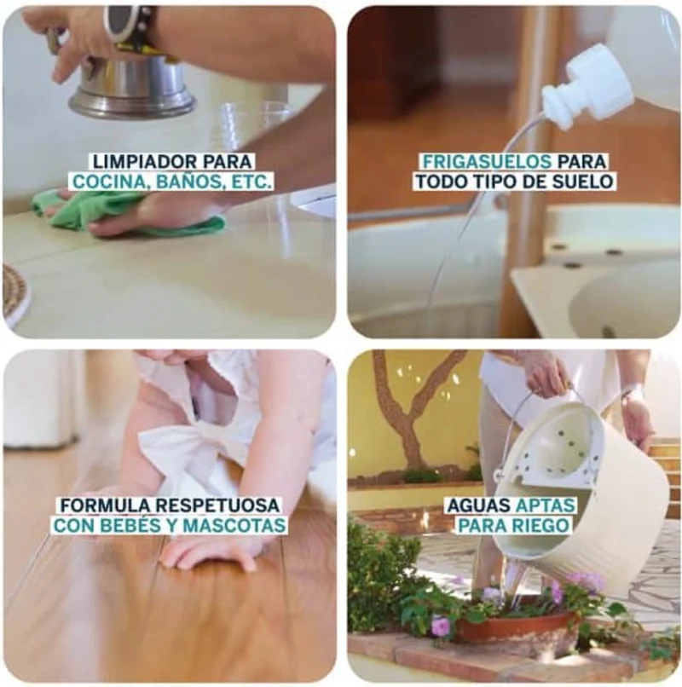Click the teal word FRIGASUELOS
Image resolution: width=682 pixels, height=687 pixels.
coord(487,162)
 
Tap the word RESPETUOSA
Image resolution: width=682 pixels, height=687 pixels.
coord(217,505)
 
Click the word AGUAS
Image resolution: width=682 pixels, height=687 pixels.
coord(478,505)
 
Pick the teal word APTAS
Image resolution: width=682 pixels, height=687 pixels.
coord(546,505)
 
